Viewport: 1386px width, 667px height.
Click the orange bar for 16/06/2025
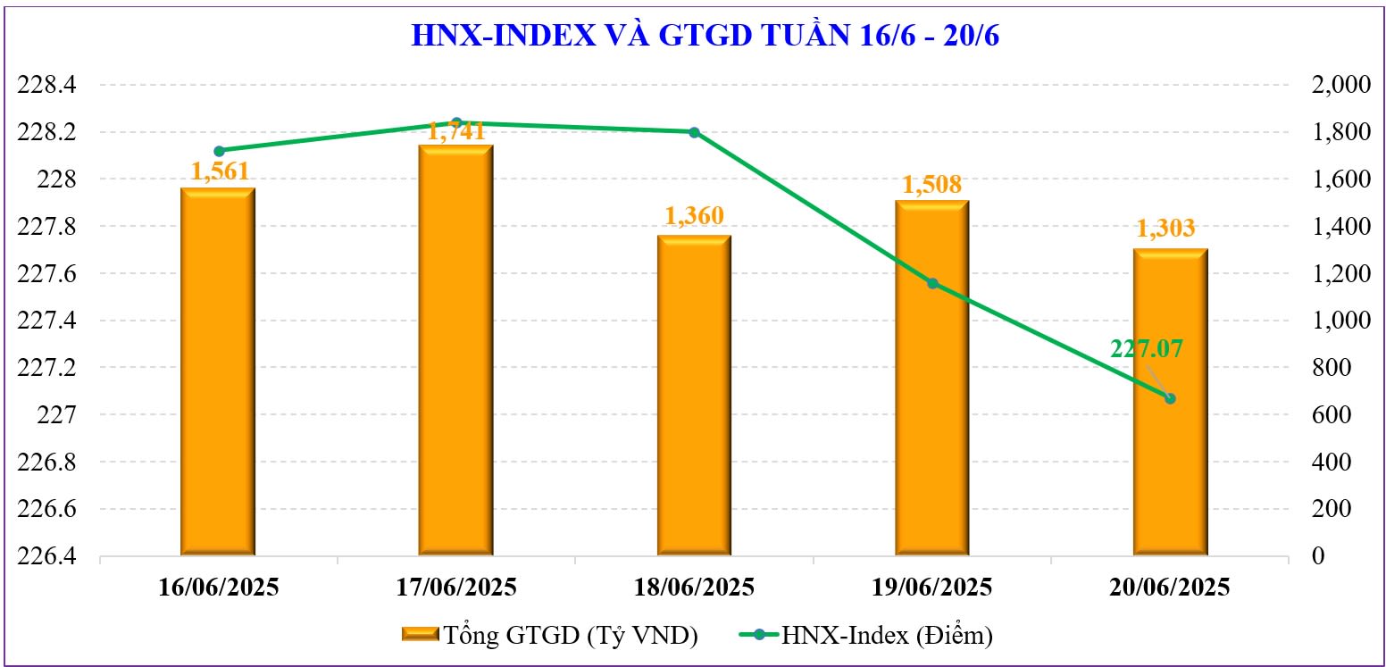(218, 375)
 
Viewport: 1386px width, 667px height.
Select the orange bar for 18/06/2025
(694, 397)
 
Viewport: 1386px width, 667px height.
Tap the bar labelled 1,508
(932, 379)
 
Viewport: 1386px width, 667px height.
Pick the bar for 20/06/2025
(1170, 404)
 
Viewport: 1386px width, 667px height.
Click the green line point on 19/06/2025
(932, 283)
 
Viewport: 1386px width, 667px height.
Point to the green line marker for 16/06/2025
(220, 151)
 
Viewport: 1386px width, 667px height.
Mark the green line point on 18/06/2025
(694, 132)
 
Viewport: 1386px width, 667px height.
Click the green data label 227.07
(1146, 348)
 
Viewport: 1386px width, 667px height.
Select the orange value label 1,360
(694, 216)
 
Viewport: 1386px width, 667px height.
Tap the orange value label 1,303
(1165, 229)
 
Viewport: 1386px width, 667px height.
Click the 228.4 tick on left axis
(53, 86)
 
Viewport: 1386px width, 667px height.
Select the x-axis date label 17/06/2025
(455, 588)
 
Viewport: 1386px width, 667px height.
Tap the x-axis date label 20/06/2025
(1170, 588)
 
